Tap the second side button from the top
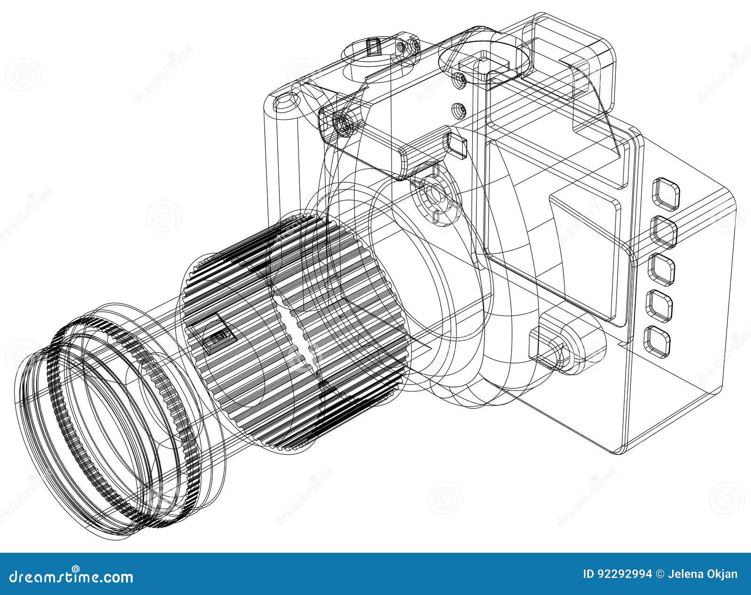(x=663, y=231)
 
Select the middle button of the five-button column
(x=661, y=269)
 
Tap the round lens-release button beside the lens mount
(x=434, y=193)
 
